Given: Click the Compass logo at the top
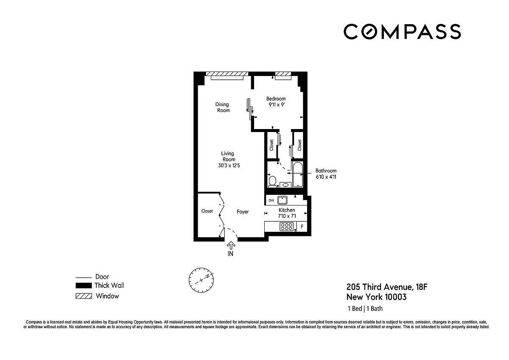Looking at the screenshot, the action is pos(402,31).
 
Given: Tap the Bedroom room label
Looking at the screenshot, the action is pos(276,98).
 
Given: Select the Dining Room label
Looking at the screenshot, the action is pos(223,107).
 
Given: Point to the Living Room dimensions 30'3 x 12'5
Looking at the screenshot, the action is pos(229,166).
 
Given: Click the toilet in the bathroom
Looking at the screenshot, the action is pos(272,181).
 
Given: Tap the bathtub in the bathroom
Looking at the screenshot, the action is pos(298,174).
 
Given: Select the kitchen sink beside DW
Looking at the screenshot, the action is pos(282,200).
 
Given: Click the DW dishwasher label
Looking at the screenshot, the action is pos(271,200).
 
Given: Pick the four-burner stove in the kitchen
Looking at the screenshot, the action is pos(286,227).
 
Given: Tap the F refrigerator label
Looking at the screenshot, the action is pos(302,227).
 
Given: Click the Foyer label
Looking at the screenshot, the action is pos(243,212).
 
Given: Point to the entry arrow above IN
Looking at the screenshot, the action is pos(231,245).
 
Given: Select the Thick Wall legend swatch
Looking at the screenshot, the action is pos(84,285).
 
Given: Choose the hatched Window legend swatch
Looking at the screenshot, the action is pos(84,296).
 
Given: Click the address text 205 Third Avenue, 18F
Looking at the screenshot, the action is pos(387,287).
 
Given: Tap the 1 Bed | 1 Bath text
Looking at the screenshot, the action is pos(365,309).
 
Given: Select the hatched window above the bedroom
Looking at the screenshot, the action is pos(283,74).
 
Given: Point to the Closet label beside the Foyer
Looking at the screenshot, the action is pos(207,211).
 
